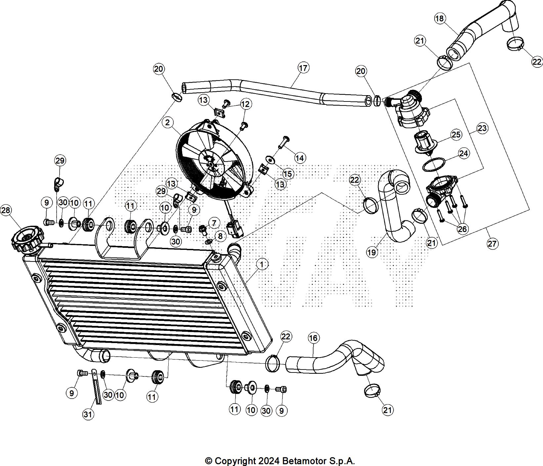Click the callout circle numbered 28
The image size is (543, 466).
point(6,210)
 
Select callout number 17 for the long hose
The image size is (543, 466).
point(303,68)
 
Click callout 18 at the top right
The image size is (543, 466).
point(439,19)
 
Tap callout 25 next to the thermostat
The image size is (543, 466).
point(456,135)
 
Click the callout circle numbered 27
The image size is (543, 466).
point(492,244)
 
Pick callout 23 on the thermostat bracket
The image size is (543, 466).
point(482,128)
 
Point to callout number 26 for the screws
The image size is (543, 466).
point(463,228)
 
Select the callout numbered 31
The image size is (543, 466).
point(88,414)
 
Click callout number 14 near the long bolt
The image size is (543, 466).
point(300,158)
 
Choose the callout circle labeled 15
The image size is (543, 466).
point(288,174)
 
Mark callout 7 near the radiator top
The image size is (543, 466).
point(214,223)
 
